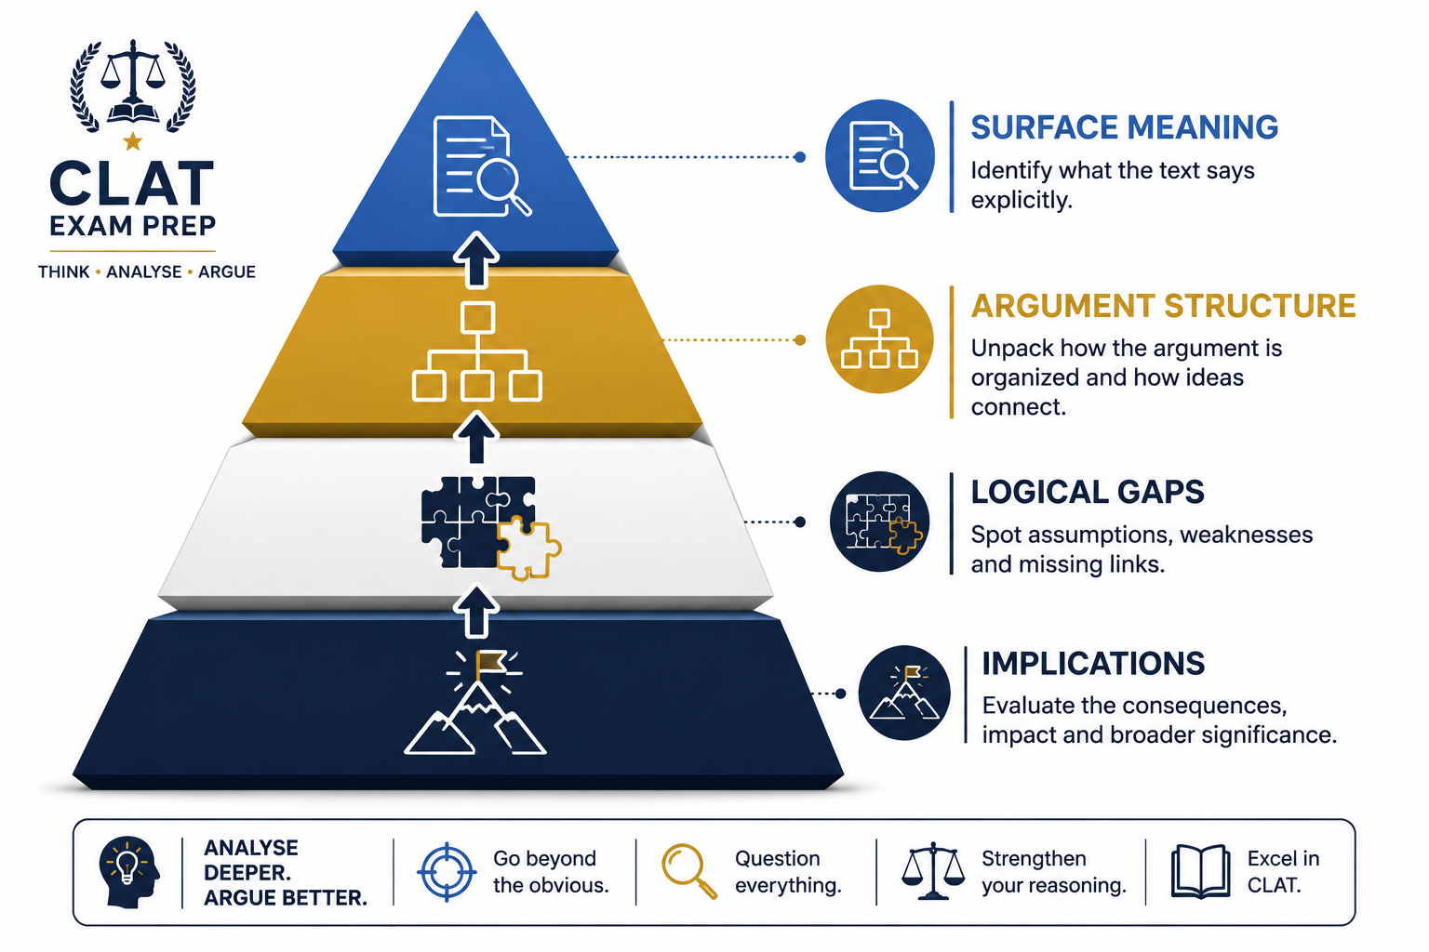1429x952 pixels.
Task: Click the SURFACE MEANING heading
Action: [x=1124, y=126]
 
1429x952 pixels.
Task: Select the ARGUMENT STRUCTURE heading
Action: [x=1163, y=306]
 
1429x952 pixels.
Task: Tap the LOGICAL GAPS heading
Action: [x=1087, y=492]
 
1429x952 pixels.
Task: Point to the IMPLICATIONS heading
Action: [x=1093, y=664]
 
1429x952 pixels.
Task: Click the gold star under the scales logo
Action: [x=133, y=141]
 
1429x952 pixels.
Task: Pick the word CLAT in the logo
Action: [x=132, y=184]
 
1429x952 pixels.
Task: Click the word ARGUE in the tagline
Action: [x=226, y=272]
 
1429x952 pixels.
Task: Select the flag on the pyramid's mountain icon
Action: [x=490, y=662]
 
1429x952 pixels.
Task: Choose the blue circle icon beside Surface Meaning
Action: [x=880, y=155]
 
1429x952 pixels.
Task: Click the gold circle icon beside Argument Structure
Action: [x=880, y=339]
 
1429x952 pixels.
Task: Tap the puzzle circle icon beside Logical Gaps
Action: [x=880, y=522]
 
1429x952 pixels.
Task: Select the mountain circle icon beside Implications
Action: [x=904, y=694]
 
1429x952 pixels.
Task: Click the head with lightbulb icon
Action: [x=128, y=872]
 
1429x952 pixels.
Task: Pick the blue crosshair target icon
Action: [x=447, y=872]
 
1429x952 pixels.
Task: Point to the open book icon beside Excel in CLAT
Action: [x=1200, y=872]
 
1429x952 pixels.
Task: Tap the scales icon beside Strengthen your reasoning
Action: [x=933, y=872]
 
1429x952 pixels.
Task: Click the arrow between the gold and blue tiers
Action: [x=476, y=260]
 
